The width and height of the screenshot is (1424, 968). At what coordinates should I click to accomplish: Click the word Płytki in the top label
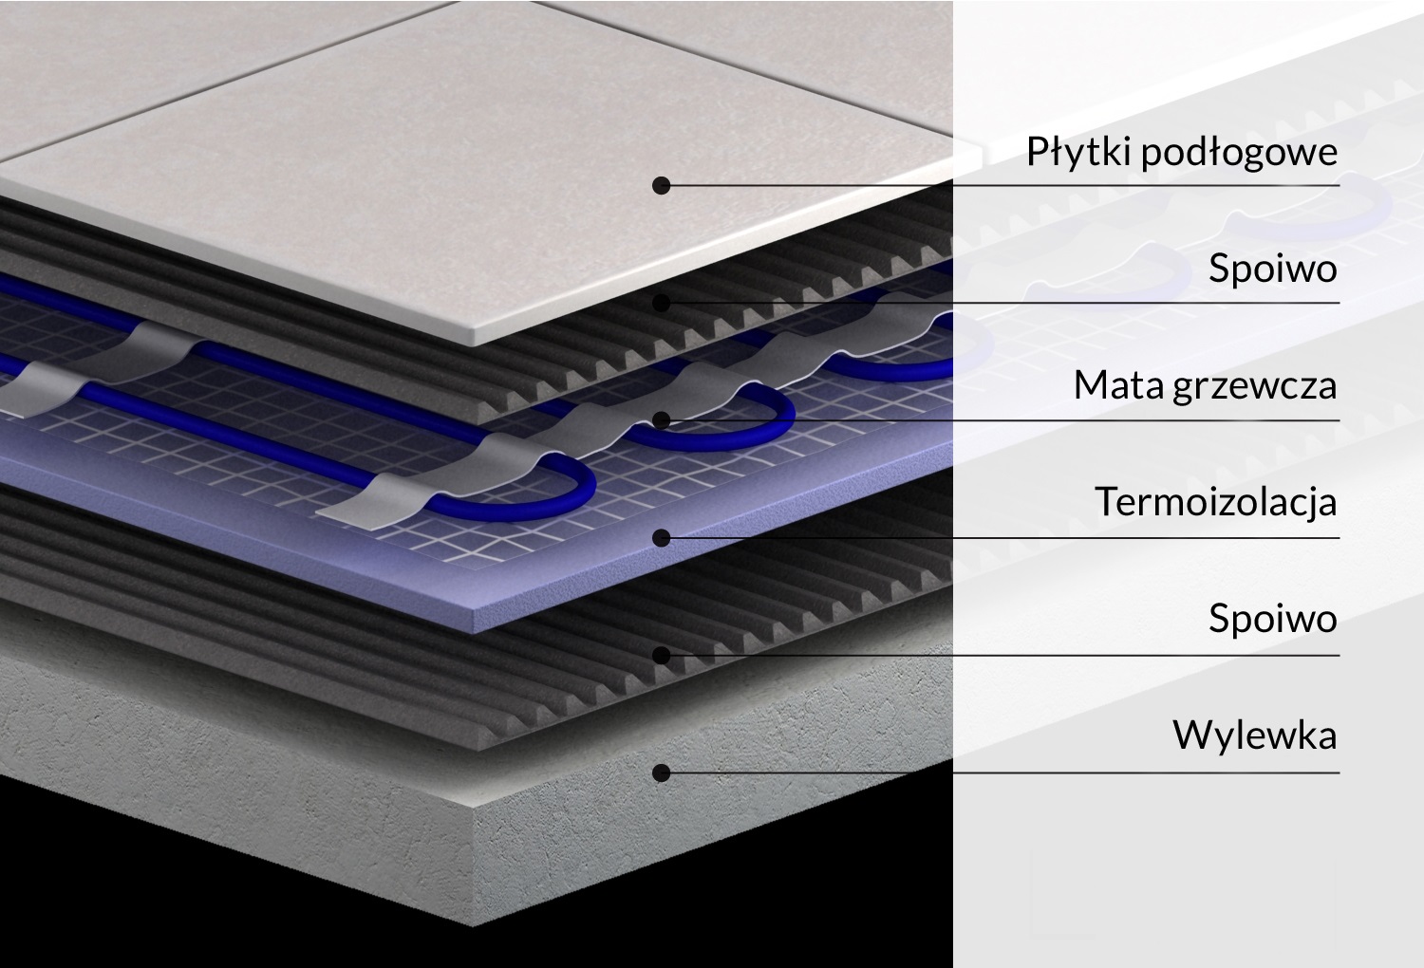1079,152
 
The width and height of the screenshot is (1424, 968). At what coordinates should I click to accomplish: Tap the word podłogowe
1239,152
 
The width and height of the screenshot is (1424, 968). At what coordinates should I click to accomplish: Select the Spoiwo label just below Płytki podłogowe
1272,269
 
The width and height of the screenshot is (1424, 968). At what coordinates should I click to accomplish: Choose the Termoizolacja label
1215,501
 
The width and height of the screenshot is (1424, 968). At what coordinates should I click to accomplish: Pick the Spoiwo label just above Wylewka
1272,619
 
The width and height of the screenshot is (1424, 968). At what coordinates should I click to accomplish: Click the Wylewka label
1254,735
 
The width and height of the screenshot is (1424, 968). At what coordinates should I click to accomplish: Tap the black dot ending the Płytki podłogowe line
662,185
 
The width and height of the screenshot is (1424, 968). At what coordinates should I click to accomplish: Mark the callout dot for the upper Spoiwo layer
662,303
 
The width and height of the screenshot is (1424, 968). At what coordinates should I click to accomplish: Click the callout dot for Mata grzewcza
662,420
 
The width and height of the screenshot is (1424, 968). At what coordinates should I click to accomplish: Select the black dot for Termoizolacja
662,538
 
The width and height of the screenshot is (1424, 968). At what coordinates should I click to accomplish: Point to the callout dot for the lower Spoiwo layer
662,655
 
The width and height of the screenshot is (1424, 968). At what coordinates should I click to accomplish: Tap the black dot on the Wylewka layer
662,773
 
